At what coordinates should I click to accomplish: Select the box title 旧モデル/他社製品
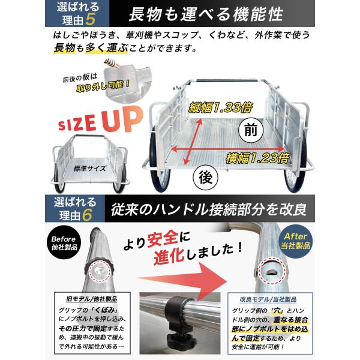click(96, 298)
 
